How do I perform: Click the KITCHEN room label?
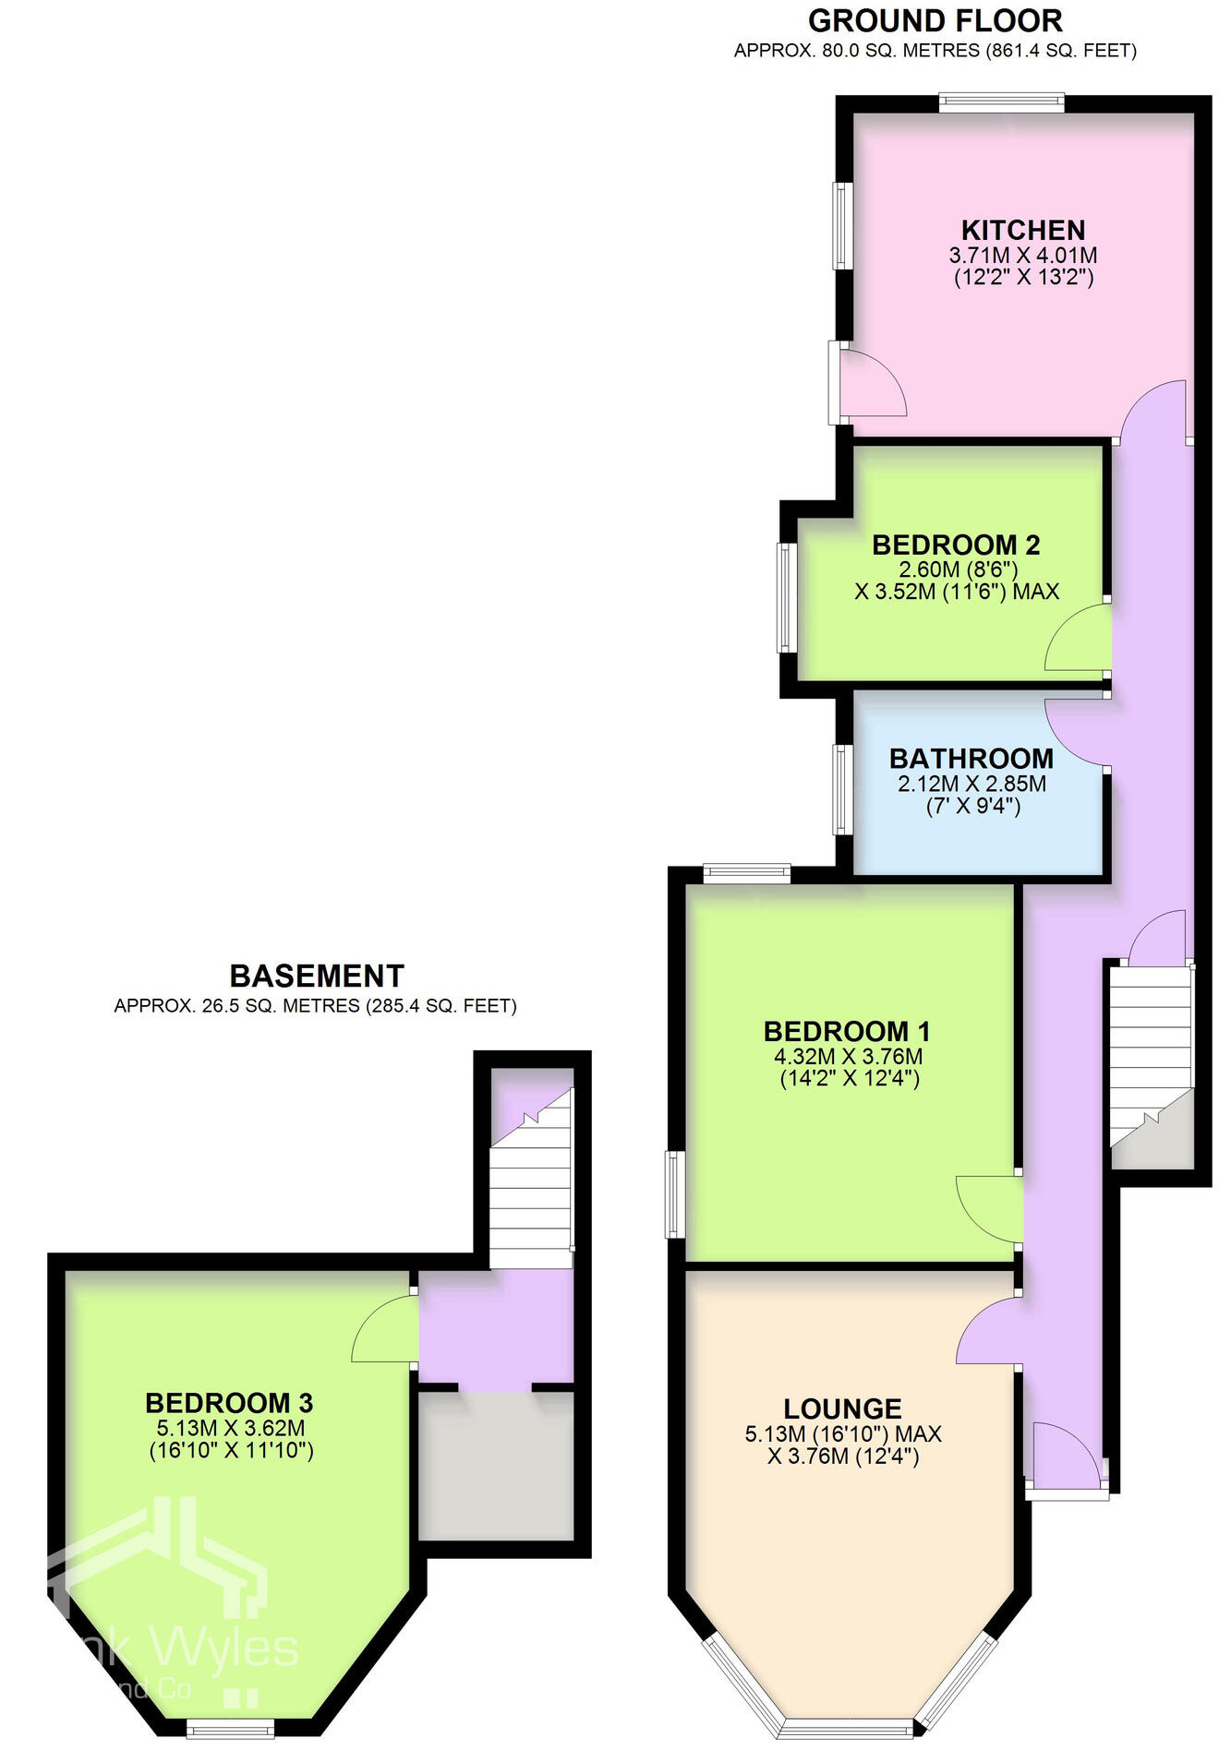tap(1022, 230)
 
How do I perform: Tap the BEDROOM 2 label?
tap(956, 545)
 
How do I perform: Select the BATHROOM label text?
tap(971, 759)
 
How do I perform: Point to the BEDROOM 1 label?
tap(846, 1031)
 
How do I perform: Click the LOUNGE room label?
tap(842, 1408)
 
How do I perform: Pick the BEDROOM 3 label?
tap(229, 1403)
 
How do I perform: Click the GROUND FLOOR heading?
tap(935, 20)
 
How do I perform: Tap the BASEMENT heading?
tap(316, 976)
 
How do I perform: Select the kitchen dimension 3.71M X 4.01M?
tap(1022, 256)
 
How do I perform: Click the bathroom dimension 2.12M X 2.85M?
tap(972, 784)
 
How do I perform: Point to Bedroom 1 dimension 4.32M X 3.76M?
tap(848, 1056)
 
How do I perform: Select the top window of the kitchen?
tap(1001, 102)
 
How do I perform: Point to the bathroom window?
tap(843, 789)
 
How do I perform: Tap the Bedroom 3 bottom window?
tap(230, 1727)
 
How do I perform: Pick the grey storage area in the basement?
tap(496, 1465)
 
